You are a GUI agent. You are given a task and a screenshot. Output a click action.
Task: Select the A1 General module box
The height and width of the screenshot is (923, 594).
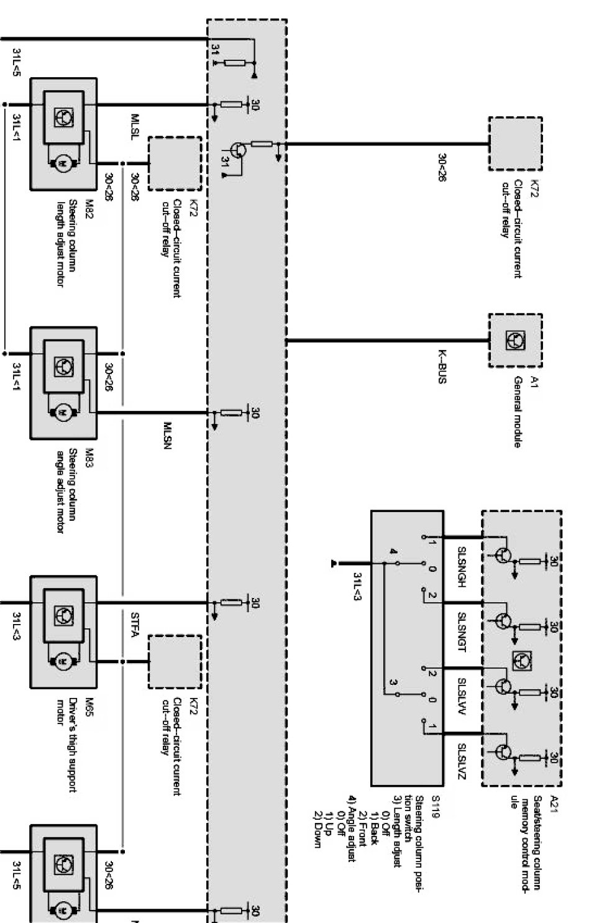coord(515,340)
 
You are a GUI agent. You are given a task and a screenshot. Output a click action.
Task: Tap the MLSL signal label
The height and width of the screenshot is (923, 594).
coord(135,127)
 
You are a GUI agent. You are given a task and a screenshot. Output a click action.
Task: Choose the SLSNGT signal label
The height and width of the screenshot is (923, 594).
coord(462,631)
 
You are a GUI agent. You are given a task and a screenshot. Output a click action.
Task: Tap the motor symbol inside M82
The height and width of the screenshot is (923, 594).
coord(63,163)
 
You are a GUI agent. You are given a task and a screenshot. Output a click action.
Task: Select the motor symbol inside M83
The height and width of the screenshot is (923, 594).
coord(63,412)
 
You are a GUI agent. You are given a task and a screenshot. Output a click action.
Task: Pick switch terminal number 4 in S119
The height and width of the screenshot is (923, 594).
coord(393,551)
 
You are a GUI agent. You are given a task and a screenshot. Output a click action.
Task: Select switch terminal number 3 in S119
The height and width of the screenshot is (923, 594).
coord(393,683)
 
